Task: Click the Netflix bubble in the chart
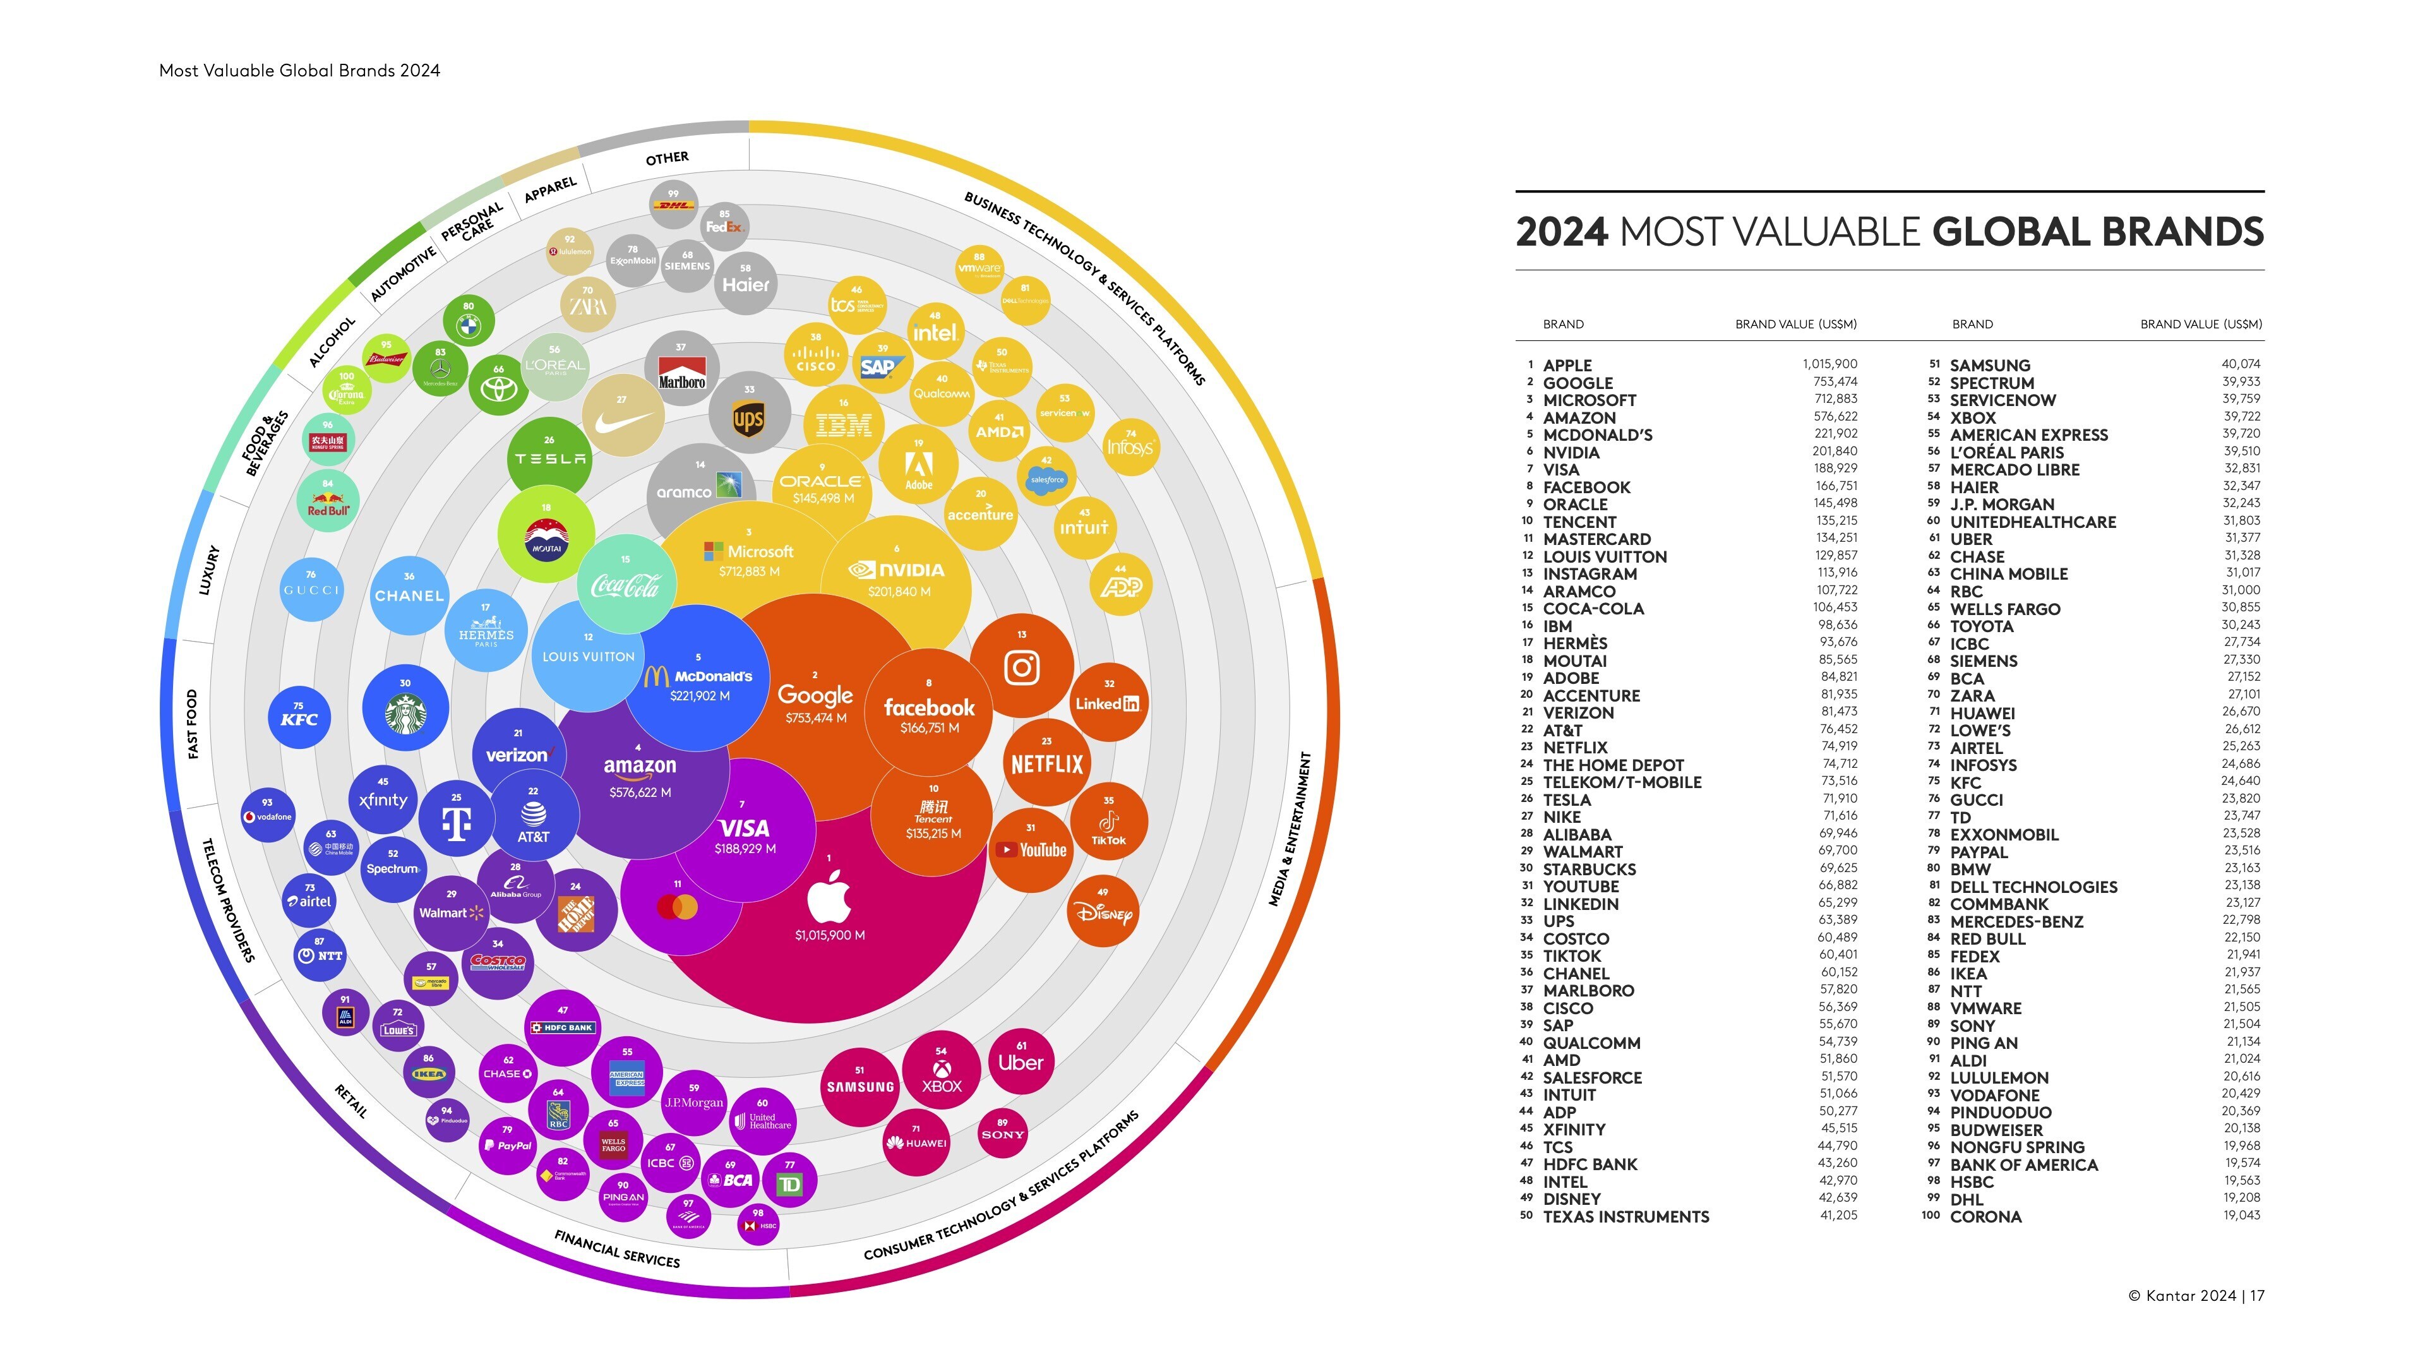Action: click(1047, 760)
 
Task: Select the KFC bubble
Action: click(299, 717)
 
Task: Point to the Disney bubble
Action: click(1103, 911)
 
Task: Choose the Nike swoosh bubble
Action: click(622, 417)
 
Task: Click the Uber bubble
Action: click(1021, 1062)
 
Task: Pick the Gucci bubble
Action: click(311, 589)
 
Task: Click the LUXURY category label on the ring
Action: click(209, 570)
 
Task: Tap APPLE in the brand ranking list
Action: click(1567, 365)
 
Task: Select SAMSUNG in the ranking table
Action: click(1989, 365)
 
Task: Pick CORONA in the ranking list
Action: click(1985, 1216)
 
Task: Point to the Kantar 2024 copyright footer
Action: click(2195, 1295)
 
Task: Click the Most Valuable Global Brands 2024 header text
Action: click(299, 71)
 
